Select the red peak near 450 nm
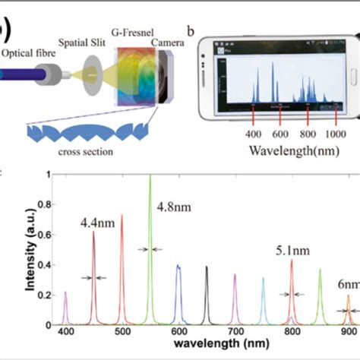point(94,273)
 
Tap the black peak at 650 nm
point(207,296)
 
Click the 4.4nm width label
point(96,223)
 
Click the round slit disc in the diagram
point(93,76)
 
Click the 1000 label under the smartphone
point(336,134)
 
